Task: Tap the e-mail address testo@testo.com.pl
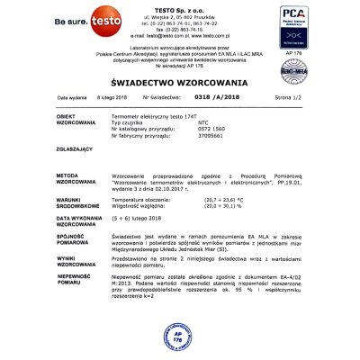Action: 179,32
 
